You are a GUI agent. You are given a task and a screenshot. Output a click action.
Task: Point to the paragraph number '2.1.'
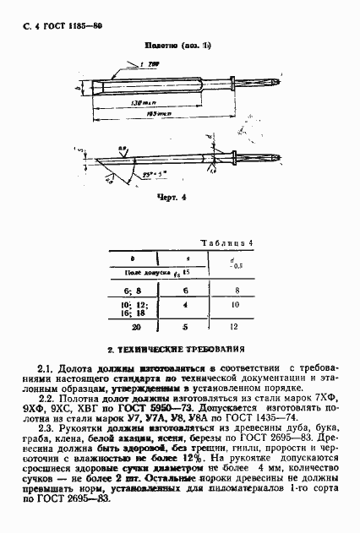(47, 368)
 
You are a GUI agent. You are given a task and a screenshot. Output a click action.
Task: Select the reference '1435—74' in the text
(274, 419)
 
